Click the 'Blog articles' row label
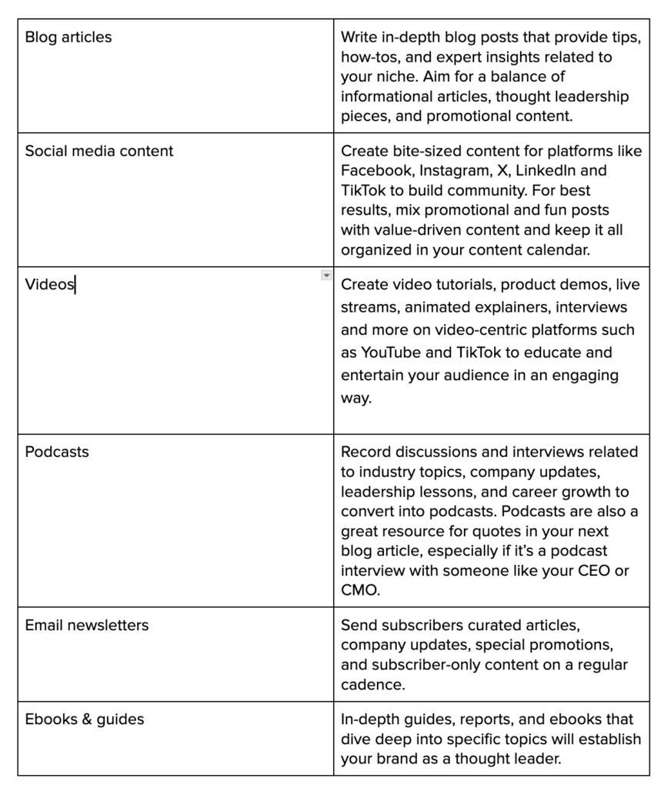point(68,37)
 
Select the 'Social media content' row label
point(99,151)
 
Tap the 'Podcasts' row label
point(57,452)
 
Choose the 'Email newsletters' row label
point(87,625)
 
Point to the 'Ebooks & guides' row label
point(85,720)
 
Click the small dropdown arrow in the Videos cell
point(326,275)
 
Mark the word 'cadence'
point(372,684)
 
